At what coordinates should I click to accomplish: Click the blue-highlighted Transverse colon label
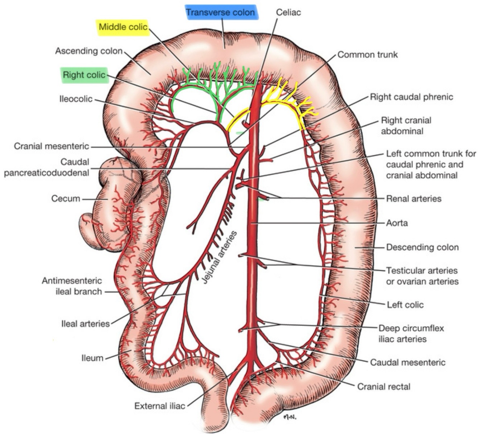click(x=220, y=13)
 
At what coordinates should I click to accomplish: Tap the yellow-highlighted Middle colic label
click(x=123, y=27)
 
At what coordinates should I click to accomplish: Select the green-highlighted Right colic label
click(x=84, y=75)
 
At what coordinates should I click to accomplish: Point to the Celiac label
click(x=288, y=12)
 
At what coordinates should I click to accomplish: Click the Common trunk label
click(x=367, y=55)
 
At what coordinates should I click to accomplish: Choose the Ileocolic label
click(x=76, y=99)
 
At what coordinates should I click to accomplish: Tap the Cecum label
click(x=66, y=198)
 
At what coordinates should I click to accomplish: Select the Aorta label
click(x=397, y=223)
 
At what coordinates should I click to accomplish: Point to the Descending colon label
click(x=422, y=247)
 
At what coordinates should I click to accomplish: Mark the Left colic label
click(x=405, y=305)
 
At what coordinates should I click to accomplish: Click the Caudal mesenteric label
click(x=407, y=362)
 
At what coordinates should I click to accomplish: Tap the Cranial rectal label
click(x=383, y=386)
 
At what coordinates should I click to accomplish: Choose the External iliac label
click(x=160, y=406)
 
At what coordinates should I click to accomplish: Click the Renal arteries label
click(x=414, y=198)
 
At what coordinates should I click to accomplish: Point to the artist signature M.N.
click(x=290, y=417)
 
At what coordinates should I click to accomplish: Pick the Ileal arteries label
click(x=85, y=324)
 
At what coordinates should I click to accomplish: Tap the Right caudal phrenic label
click(x=411, y=97)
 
